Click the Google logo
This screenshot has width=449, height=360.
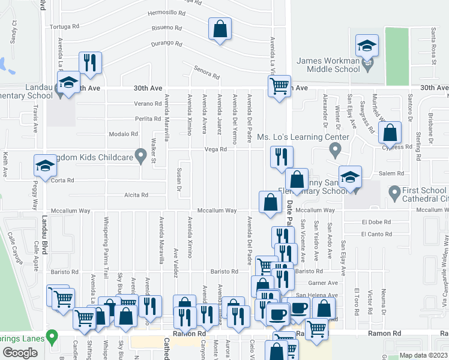point(20,353)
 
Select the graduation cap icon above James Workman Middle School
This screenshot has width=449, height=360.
point(367,46)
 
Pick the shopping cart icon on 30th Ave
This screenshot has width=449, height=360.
point(279,86)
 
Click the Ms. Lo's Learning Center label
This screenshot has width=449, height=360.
point(303,137)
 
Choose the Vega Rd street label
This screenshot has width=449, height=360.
point(215,149)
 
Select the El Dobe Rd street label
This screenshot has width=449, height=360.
point(376,222)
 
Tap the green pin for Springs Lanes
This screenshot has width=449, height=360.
point(52,337)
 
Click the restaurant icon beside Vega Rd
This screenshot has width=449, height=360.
point(282,158)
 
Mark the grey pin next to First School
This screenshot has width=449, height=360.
point(394,193)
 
